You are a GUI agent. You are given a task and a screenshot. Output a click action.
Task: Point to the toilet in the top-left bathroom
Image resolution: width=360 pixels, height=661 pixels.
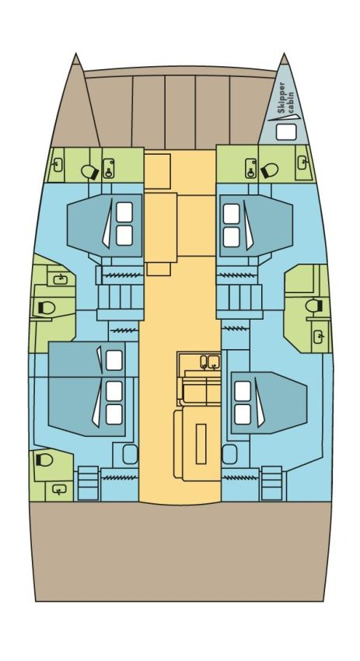pyautogui.click(x=89, y=169)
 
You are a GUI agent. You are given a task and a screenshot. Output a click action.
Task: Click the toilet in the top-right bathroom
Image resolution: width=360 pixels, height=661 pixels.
pyautogui.click(x=271, y=169)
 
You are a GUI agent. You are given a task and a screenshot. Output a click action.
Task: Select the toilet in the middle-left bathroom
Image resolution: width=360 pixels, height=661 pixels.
pyautogui.click(x=45, y=309)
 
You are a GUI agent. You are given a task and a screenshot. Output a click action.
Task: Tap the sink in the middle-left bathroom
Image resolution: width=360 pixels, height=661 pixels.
pyautogui.click(x=59, y=278)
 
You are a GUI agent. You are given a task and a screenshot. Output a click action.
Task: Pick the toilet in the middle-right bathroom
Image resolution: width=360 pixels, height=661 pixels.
pyautogui.click(x=313, y=307)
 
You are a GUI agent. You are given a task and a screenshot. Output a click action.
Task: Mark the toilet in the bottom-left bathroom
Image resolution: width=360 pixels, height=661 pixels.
pyautogui.click(x=43, y=460)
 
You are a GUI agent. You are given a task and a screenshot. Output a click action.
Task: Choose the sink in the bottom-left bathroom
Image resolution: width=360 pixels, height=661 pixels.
pyautogui.click(x=59, y=488)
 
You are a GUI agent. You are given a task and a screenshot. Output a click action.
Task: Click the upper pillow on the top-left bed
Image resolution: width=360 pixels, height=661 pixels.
pyautogui.click(x=124, y=211)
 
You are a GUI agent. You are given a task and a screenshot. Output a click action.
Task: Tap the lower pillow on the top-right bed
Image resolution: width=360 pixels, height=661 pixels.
pyautogui.click(x=232, y=236)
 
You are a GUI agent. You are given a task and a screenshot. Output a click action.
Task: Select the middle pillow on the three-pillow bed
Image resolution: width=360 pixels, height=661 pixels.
pyautogui.click(x=114, y=389)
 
